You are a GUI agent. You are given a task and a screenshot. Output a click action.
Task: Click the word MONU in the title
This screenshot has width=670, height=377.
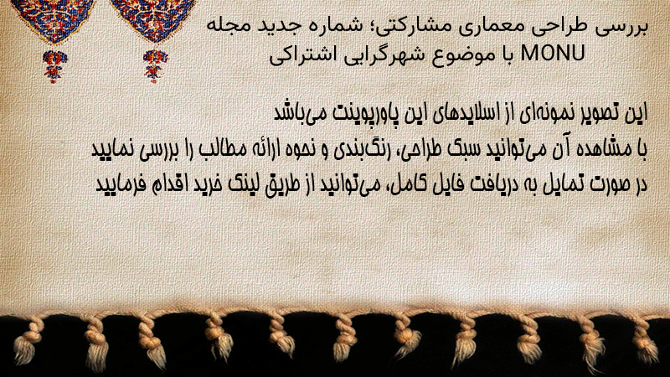point(553,54)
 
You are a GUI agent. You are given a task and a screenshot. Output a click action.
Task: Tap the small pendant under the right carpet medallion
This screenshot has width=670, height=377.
point(155,66)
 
